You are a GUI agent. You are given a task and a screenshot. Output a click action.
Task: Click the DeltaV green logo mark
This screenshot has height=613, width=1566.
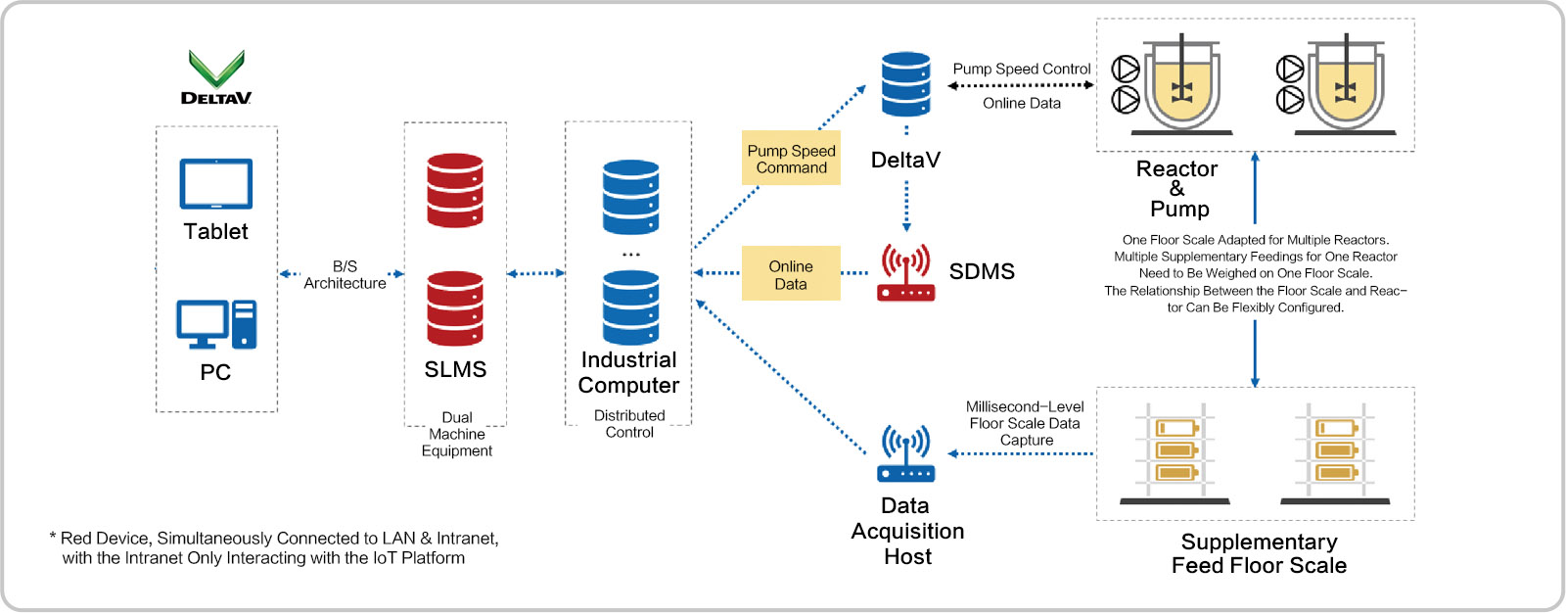pos(216,68)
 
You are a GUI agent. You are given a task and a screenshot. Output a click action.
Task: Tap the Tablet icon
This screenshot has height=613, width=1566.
pos(216,184)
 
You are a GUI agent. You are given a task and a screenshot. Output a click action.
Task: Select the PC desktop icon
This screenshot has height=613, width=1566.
pos(216,324)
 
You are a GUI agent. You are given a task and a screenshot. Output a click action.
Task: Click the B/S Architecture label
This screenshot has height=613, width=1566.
pos(345,275)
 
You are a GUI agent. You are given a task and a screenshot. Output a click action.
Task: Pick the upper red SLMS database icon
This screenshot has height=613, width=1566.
pos(455,190)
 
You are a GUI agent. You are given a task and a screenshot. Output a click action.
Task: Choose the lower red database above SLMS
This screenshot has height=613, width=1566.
pos(455,308)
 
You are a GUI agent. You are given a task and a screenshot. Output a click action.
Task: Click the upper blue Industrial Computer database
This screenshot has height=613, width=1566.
pos(630,197)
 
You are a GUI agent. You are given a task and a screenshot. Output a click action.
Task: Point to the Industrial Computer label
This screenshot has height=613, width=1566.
pos(628,372)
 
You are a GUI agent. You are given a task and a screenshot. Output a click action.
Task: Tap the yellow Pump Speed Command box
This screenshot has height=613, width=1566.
pos(791,159)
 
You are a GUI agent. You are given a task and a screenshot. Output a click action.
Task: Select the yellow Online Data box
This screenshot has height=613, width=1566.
pos(791,274)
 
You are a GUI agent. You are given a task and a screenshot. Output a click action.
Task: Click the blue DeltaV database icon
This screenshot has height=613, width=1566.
pos(905,84)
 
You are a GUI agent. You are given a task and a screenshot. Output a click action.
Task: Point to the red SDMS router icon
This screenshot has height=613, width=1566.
pos(905,273)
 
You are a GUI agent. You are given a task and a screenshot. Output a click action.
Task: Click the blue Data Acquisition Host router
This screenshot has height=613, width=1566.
pos(905,453)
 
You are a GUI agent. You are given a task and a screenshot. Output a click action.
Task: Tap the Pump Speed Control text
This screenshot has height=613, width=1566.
pos(1022,69)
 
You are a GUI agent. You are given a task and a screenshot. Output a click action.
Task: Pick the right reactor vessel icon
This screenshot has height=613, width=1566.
pos(1343,84)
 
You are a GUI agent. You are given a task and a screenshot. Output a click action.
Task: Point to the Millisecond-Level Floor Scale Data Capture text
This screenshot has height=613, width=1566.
pos(1025,423)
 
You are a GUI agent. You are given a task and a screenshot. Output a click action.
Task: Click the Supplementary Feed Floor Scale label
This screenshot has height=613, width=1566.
pos(1259,553)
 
